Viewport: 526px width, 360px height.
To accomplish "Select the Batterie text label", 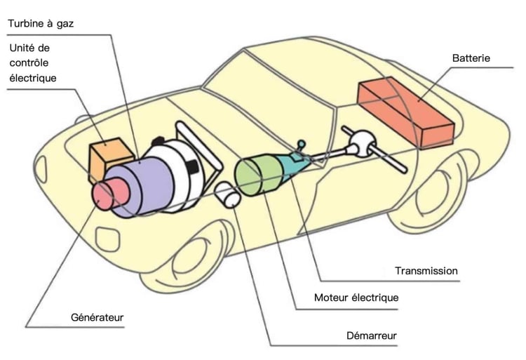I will [471, 58].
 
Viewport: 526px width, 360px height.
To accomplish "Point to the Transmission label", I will [426, 271].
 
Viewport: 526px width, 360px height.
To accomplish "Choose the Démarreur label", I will [371, 336].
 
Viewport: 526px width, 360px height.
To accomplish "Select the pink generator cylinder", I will [108, 193].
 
